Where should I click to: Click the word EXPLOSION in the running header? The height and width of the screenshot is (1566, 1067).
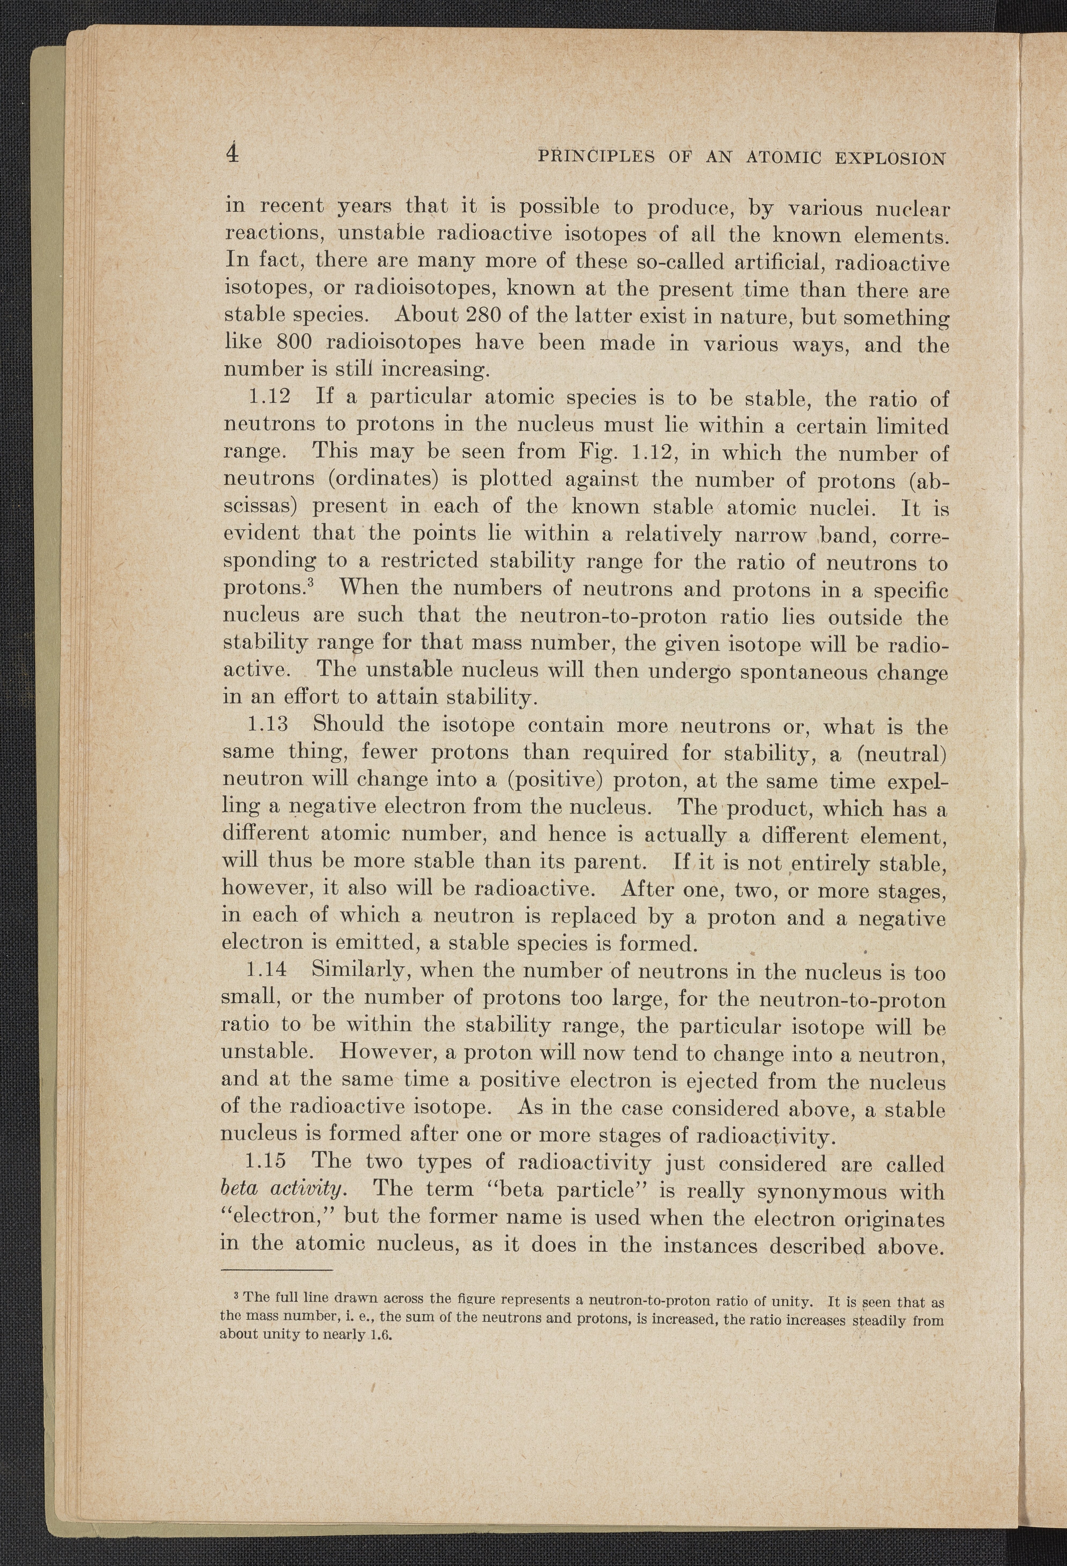click(x=890, y=159)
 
